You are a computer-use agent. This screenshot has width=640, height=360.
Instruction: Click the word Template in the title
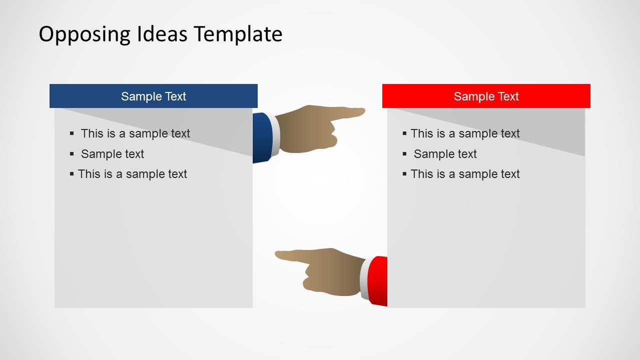point(238,34)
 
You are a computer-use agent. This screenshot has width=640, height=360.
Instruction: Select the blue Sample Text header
point(153,96)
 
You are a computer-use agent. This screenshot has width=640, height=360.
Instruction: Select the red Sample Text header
point(486,96)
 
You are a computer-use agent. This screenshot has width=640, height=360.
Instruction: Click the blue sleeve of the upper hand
point(262,137)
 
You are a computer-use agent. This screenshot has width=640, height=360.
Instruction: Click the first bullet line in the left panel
point(135,133)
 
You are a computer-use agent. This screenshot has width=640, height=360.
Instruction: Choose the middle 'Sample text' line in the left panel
point(112,154)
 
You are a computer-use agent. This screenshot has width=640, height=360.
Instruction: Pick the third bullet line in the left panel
point(132,174)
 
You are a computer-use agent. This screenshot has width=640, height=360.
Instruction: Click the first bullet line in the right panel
point(465,133)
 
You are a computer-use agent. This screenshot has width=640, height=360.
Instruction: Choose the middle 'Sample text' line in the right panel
point(445,154)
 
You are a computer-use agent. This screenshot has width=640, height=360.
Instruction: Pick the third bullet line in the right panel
point(465,174)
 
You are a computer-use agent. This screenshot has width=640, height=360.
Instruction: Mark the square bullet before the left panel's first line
point(72,133)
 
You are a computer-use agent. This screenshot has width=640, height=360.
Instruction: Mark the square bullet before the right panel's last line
point(405,174)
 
